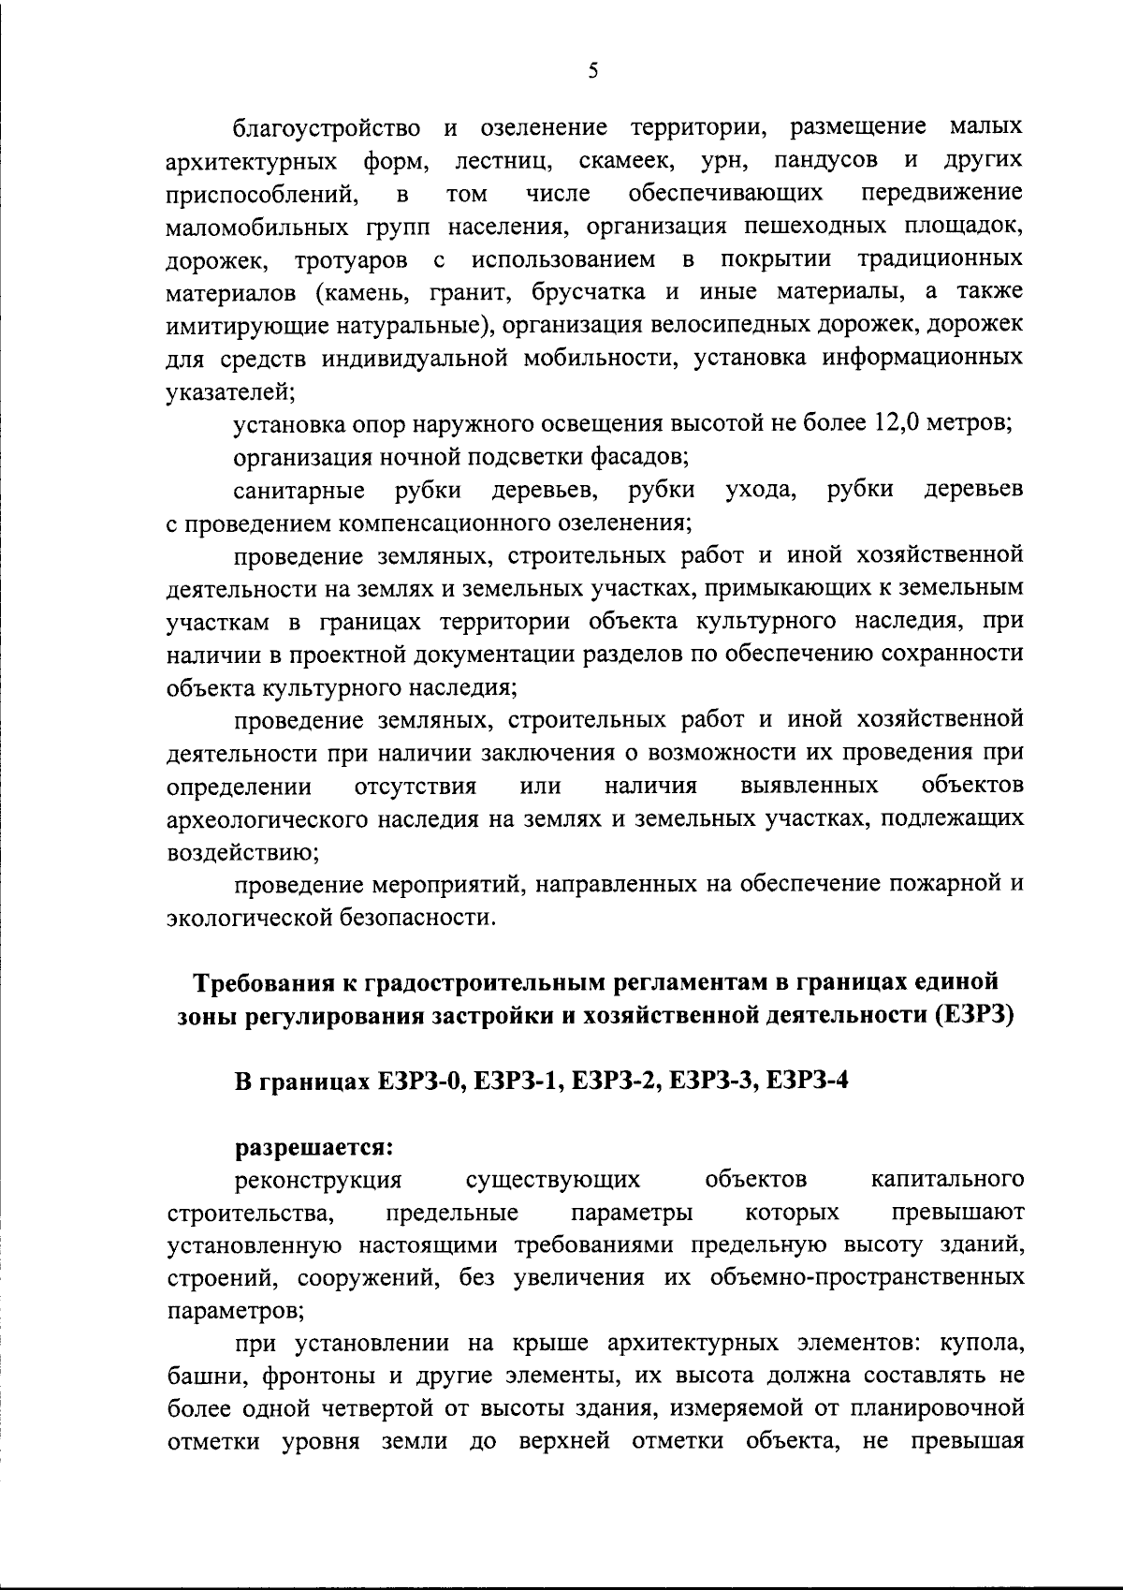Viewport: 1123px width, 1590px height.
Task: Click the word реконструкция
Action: tap(319, 1180)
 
